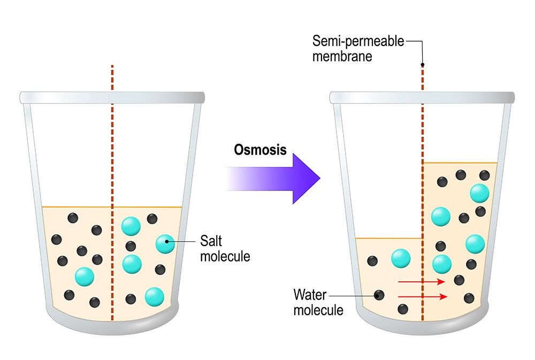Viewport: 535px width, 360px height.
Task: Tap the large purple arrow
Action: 278,176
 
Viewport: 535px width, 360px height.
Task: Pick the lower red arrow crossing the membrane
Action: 421,296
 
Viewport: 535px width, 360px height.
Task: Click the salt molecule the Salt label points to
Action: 165,244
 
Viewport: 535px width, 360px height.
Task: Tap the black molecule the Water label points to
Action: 379,295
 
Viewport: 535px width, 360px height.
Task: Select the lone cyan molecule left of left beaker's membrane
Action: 85,277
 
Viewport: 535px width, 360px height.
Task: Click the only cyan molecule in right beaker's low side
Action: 401,258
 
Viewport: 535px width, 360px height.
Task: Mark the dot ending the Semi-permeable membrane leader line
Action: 423,65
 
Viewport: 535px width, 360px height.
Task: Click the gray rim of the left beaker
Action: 112,98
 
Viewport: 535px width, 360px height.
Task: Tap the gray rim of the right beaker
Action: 422,98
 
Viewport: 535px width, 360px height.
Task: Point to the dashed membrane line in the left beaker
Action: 112,160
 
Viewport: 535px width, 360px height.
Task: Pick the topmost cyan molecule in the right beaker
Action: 479,193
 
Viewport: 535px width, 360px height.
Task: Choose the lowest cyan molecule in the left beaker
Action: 154,296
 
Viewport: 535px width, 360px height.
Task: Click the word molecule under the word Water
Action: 318,309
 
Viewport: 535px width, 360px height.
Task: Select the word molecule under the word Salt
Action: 225,256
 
